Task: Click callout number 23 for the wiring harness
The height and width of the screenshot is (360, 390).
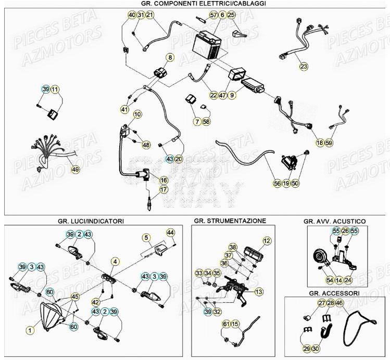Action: tap(304, 66)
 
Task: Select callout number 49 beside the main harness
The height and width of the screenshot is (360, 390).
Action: tap(76, 169)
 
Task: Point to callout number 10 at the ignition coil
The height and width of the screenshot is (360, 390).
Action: tap(137, 114)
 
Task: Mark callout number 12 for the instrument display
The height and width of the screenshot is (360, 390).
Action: tap(267, 241)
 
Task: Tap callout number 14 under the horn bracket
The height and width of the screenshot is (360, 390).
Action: tap(338, 280)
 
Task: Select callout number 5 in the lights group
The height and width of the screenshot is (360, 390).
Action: tap(146, 238)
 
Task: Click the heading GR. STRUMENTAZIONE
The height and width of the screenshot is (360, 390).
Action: tap(229, 221)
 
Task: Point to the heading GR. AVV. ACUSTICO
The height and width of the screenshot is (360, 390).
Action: tap(334, 221)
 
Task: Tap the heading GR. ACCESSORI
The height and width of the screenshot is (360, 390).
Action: tap(336, 292)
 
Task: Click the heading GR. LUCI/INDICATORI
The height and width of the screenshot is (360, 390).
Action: tap(91, 221)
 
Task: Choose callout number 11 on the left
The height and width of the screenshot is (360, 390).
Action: tap(55, 89)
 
